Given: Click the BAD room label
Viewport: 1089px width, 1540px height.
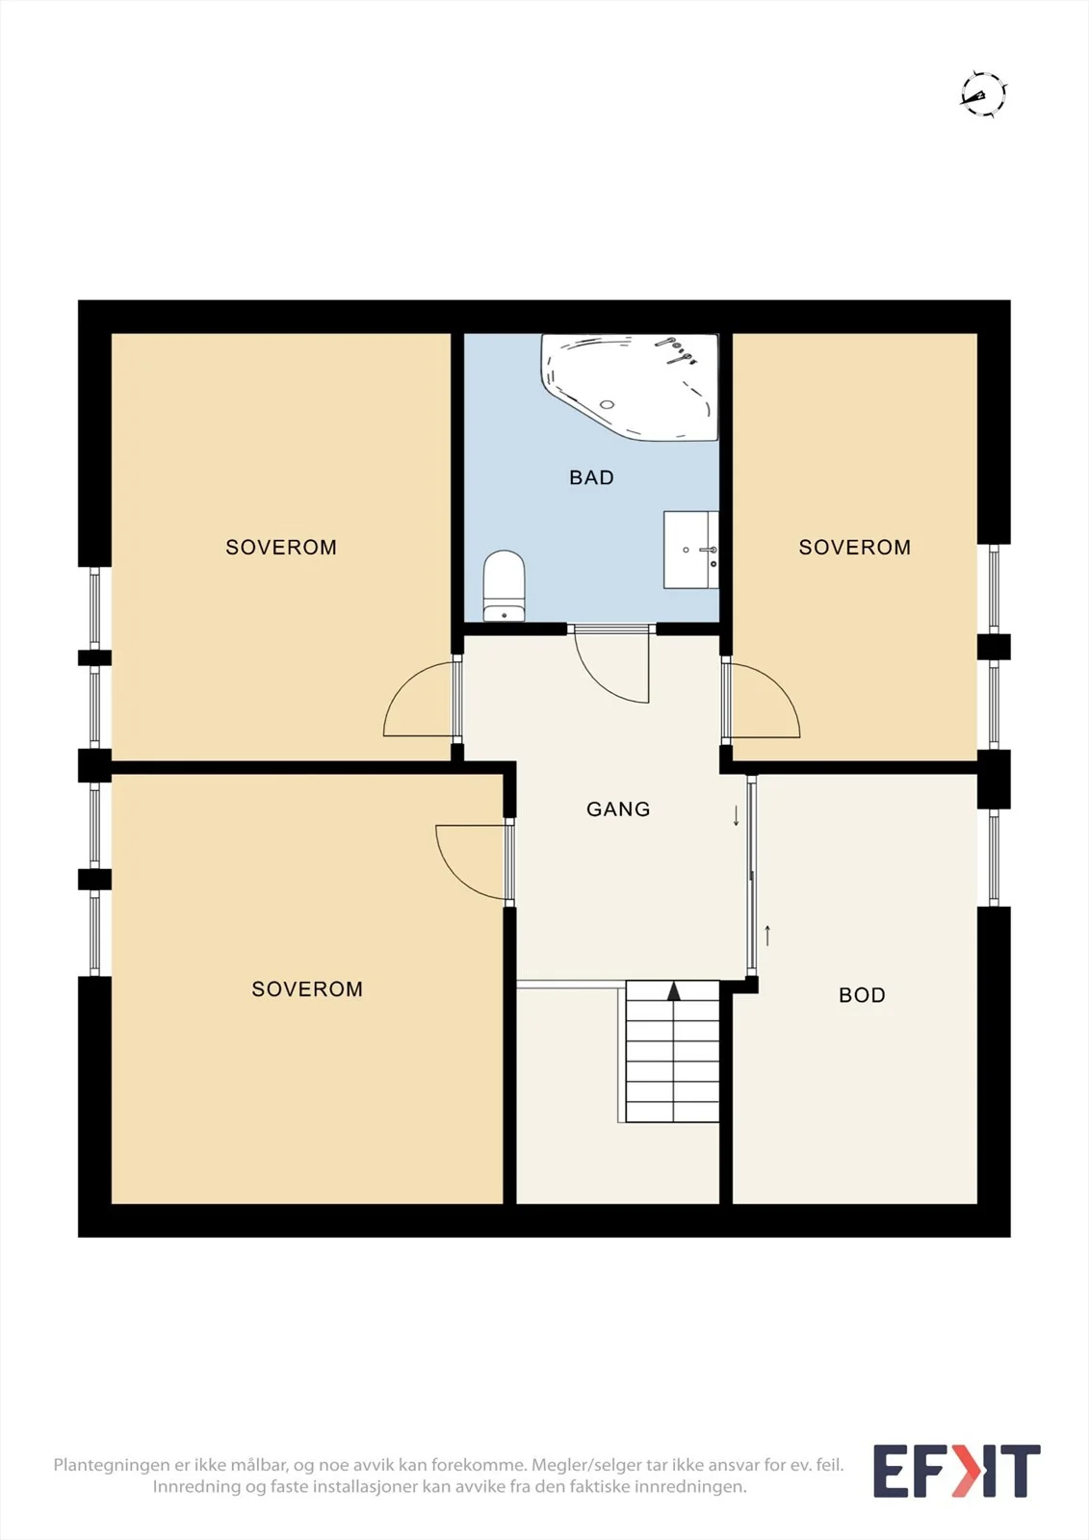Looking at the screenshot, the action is point(591,477).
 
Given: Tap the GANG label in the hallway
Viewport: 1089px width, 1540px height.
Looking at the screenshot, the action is point(618,809).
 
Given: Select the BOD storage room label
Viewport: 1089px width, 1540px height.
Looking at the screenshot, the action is point(862,995).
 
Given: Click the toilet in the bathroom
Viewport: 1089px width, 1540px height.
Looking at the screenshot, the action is point(505,585).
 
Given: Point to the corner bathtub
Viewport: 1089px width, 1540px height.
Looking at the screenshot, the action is point(630,386).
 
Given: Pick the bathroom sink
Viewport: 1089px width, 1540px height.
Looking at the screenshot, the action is point(690,550).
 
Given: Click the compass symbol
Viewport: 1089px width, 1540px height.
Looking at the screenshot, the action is point(983,94).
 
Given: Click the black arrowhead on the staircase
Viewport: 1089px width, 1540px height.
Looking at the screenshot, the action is point(673,990).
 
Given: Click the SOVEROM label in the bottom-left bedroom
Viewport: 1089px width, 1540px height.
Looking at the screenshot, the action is point(307,988).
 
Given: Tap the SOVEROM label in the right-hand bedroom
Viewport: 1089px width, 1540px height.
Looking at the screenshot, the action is point(854,547).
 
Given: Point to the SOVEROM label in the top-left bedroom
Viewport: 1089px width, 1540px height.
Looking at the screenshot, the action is point(281,547).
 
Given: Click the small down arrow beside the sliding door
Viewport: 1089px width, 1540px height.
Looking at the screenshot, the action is point(736,815).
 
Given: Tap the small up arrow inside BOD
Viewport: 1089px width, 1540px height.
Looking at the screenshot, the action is point(767,936).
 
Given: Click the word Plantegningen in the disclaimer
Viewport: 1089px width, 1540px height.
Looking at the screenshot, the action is point(112,1465).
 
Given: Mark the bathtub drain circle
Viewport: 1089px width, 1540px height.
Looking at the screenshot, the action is point(607,404).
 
